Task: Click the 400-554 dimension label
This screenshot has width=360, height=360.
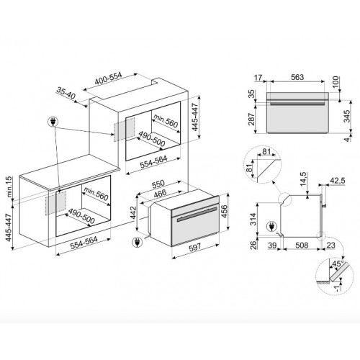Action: pos(108,78)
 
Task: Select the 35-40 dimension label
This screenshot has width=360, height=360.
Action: pos(66,93)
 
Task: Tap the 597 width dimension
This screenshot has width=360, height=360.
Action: pos(194,248)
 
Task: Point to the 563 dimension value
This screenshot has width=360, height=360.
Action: pos(297,77)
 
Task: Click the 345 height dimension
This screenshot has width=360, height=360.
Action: pos(347,116)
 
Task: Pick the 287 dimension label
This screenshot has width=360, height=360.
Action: pos(251,119)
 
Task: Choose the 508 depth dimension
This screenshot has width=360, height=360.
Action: pos(302,245)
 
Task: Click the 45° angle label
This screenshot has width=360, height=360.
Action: pos(337,264)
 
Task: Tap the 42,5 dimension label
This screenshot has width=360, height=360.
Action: pos(337,180)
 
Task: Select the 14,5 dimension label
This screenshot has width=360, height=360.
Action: pos(303,179)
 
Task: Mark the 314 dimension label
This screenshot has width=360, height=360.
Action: pos(253,219)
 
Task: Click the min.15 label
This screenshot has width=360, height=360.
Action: pos(9,187)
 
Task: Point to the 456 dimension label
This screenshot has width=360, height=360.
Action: pos(224,211)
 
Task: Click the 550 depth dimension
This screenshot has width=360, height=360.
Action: pos(158,184)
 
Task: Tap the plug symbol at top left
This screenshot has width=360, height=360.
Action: pos(53,122)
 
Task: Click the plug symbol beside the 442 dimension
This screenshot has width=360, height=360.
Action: pos(138,243)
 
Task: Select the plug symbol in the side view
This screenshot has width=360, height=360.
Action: pos(271,227)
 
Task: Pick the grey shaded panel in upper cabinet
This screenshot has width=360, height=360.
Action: pos(124,130)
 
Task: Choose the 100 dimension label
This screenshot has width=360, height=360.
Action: pos(336,82)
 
